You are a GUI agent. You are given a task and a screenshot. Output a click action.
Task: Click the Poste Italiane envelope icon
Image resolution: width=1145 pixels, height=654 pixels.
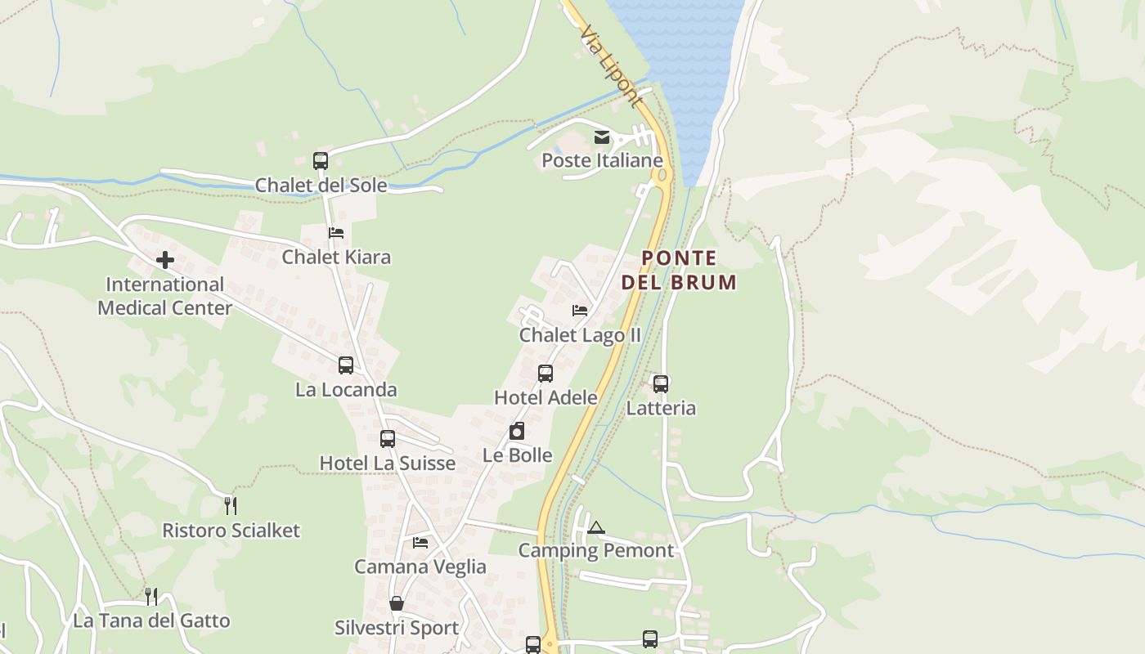point(602,137)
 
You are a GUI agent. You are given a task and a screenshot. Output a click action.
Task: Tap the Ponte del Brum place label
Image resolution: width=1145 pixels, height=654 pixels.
point(679,271)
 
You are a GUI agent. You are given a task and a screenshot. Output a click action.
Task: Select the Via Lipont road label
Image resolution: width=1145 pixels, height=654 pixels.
point(610,65)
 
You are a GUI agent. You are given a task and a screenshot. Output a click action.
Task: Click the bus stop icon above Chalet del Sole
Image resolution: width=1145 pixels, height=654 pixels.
point(321,161)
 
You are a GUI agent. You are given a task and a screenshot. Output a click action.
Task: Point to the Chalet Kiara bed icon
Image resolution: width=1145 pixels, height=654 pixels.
point(335,233)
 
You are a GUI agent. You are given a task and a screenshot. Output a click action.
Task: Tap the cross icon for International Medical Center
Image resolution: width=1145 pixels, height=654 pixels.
point(165,261)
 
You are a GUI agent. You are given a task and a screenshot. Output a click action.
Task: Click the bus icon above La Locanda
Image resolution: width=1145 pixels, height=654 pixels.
point(346,365)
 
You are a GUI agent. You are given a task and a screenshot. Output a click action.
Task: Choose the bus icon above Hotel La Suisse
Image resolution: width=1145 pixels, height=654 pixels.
point(388,439)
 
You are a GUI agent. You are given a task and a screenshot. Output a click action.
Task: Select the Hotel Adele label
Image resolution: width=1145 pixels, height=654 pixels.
point(546,397)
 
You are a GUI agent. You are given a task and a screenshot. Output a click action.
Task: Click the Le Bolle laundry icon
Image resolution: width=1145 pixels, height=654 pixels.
point(517,431)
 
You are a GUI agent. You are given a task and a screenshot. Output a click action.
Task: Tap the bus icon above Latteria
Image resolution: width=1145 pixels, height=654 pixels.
point(661,383)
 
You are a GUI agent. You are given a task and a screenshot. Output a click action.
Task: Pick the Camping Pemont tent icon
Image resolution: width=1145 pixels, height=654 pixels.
point(595,527)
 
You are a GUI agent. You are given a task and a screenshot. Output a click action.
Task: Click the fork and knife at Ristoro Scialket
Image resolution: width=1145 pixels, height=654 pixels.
point(231,506)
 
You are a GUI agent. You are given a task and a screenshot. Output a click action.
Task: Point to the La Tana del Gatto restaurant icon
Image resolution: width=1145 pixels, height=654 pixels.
point(151,597)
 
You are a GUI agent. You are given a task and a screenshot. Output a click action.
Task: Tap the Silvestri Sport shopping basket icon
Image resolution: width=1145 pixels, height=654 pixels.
point(397,603)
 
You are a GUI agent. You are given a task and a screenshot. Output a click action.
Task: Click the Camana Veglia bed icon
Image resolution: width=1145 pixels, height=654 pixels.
point(420,542)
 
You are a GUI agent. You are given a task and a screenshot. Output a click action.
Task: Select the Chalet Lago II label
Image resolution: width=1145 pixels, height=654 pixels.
point(580,335)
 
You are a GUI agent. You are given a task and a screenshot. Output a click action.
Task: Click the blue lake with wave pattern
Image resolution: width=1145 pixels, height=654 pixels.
point(679,57)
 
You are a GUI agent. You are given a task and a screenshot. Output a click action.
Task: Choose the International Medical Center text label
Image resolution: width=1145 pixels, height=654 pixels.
point(165,296)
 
